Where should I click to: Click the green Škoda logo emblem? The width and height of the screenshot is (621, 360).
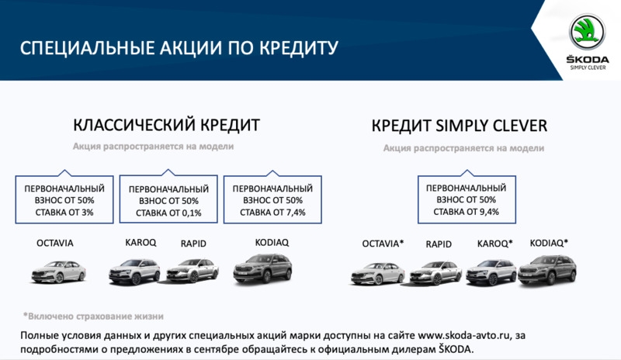click(587, 32)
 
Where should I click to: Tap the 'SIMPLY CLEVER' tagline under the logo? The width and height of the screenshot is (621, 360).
click(588, 67)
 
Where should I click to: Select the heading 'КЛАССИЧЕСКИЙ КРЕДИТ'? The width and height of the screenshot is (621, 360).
click(166, 125)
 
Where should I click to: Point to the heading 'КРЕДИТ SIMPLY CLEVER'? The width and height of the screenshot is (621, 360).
click(460, 126)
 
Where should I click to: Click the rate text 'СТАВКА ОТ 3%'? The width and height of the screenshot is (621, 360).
click(64, 213)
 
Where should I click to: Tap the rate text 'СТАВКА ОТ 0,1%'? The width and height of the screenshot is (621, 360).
click(168, 213)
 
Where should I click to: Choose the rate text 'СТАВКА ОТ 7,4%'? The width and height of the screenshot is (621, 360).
click(273, 213)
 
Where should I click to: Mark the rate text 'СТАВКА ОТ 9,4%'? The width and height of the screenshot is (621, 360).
click(467, 212)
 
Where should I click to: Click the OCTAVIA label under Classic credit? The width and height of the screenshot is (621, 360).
click(55, 243)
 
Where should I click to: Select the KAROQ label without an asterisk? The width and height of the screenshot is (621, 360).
click(141, 242)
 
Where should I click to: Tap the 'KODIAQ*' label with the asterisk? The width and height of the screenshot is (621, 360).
click(549, 243)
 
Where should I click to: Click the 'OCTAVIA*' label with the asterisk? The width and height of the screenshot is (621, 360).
click(383, 244)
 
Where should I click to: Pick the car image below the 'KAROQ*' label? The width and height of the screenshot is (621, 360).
click(491, 272)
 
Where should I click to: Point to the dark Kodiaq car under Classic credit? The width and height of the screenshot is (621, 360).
click(262, 268)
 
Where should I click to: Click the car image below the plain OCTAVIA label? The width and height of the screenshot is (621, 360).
click(59, 272)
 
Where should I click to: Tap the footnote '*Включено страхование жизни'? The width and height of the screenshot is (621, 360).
click(93, 316)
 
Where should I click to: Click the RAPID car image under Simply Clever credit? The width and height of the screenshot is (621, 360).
click(435, 273)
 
